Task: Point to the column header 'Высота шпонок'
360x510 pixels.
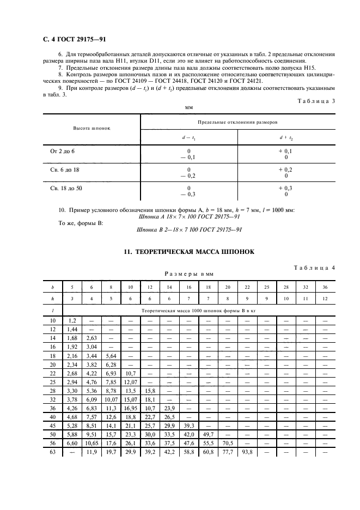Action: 91,129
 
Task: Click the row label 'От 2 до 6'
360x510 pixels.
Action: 63,150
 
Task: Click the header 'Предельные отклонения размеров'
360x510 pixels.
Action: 237,123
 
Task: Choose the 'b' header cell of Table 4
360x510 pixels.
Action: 53,287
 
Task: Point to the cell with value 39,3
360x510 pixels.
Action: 188,425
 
